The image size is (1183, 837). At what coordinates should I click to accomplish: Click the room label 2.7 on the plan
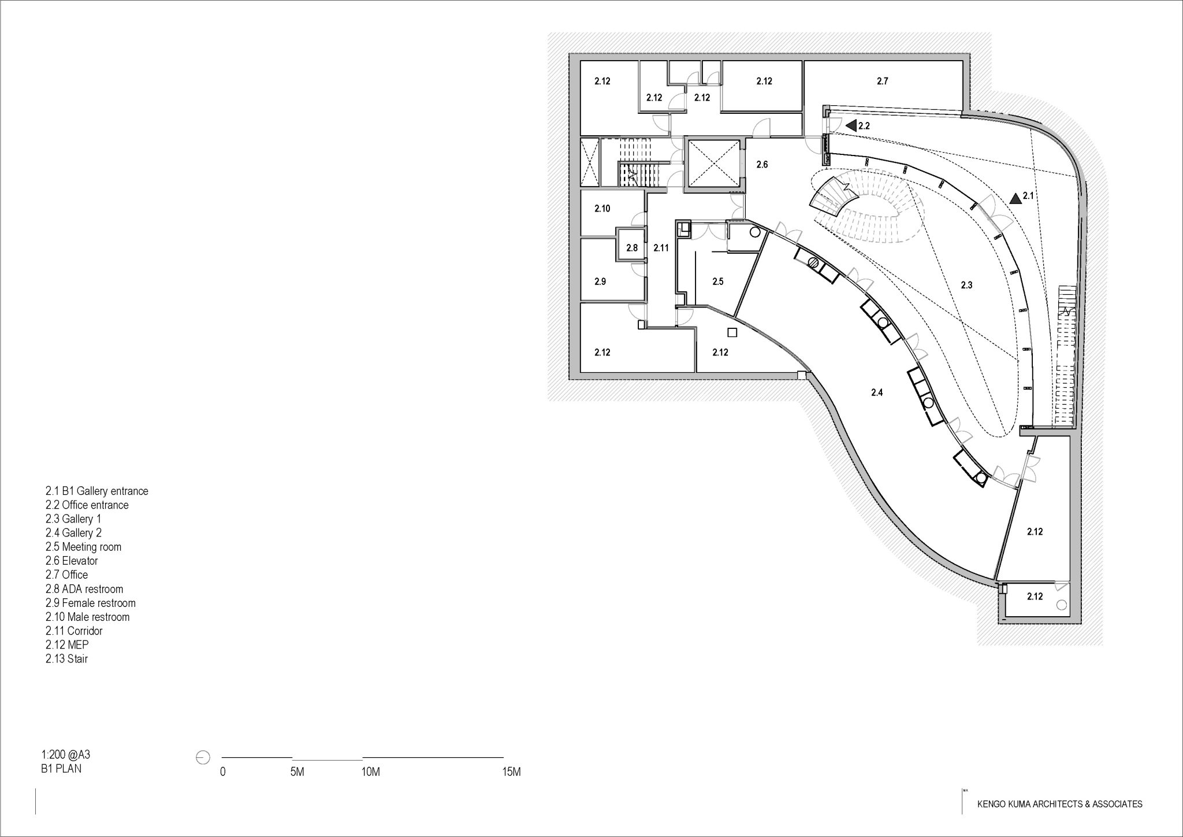coord(882,82)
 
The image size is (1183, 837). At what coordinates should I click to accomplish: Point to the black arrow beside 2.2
coord(850,125)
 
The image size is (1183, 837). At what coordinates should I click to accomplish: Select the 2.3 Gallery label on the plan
coord(966,285)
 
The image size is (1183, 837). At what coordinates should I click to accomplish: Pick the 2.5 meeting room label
coord(717,282)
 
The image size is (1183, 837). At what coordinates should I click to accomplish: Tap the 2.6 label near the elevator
coord(762,165)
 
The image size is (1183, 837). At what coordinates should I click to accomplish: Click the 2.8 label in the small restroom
coord(632,248)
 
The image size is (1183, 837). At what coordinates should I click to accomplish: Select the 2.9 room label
coord(600,282)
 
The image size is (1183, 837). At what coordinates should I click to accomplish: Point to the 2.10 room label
coord(602,209)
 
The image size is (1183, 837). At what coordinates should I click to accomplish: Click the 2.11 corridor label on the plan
coord(661,248)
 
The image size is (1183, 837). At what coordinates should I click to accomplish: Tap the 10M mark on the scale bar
coord(370,772)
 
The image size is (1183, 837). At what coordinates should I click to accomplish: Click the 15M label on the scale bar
coord(511,772)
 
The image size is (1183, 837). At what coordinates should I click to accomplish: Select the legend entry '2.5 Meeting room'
coord(83,547)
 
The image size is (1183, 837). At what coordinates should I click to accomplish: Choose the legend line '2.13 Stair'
coord(66,659)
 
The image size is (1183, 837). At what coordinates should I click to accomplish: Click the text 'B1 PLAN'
coord(61,769)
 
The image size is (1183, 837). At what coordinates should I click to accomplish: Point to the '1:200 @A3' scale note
coord(66,755)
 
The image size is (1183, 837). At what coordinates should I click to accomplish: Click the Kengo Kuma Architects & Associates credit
coord(1059,804)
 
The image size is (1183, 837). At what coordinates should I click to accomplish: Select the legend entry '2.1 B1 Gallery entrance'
coord(96,491)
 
